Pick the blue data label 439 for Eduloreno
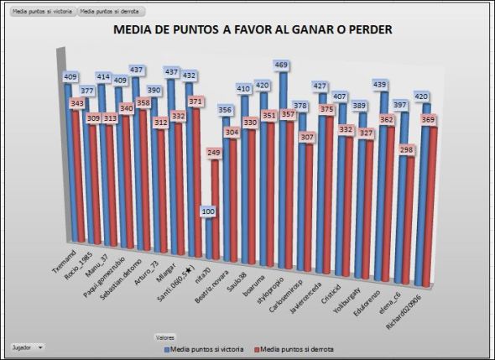380,85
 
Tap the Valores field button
164,337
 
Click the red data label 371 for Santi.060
195,102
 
